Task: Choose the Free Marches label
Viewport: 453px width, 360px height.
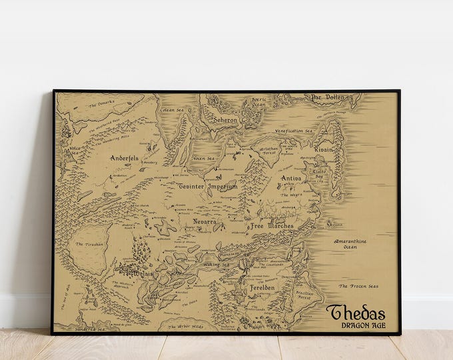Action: (x=267, y=225)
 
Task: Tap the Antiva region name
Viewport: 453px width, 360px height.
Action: (x=290, y=179)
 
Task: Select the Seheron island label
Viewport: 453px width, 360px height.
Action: (x=225, y=120)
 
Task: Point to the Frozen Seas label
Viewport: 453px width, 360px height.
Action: (x=358, y=286)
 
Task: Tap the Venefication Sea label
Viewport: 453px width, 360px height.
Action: (x=294, y=131)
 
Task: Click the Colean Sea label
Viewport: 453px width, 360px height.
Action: (x=171, y=109)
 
